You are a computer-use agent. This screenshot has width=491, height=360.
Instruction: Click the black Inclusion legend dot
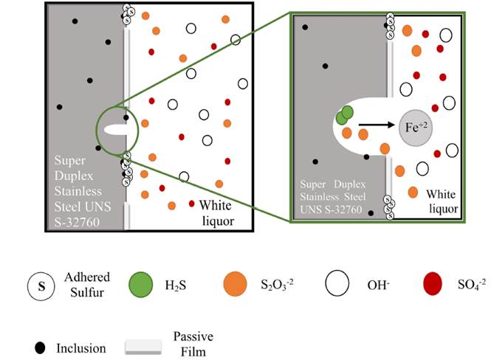(x=38, y=326)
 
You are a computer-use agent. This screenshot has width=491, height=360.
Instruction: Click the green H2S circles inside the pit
(x=344, y=114)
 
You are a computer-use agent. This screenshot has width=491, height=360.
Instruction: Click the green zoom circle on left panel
(x=117, y=131)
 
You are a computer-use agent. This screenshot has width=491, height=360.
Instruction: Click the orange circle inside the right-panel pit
(x=346, y=134)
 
